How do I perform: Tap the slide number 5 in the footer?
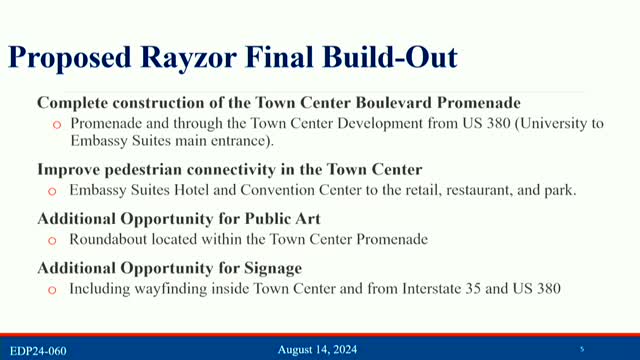click(582, 348)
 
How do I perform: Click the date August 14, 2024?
click(316, 349)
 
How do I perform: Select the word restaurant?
click(475, 190)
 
